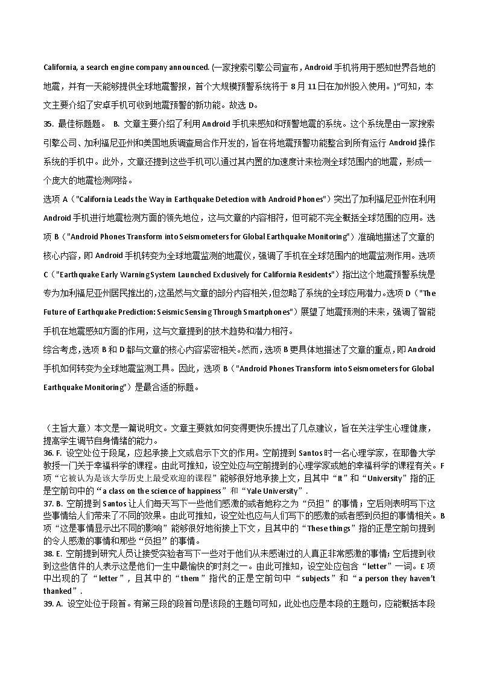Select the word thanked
(x=57, y=591)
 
